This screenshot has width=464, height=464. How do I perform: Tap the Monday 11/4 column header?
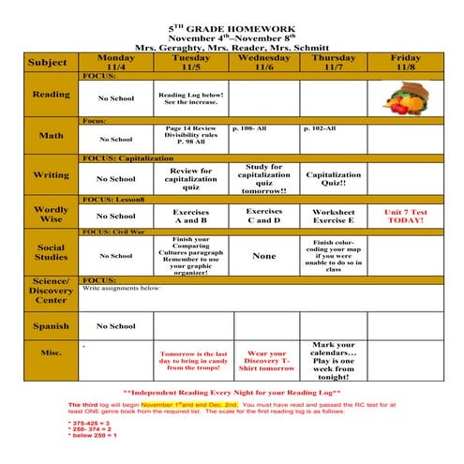coord(116,63)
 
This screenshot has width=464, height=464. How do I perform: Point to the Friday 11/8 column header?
coord(405,63)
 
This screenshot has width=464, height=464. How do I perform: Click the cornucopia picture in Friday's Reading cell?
coord(405,98)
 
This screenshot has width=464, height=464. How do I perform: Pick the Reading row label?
coord(50,95)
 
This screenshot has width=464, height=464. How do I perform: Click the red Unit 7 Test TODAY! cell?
coord(405,217)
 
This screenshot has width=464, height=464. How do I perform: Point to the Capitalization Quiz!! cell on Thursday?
coord(334,179)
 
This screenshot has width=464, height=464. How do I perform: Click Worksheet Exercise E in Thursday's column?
coord(334,217)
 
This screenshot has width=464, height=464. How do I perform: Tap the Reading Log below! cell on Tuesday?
coord(191,98)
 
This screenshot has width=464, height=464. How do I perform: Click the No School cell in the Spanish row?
coord(115,326)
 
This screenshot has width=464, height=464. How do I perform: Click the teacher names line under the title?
coord(232,46)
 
